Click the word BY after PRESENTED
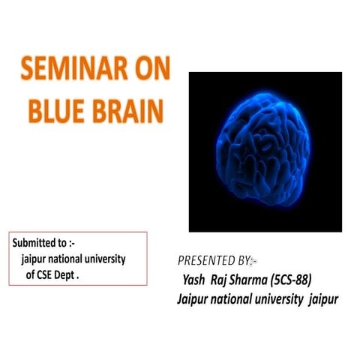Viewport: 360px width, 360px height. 244,261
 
